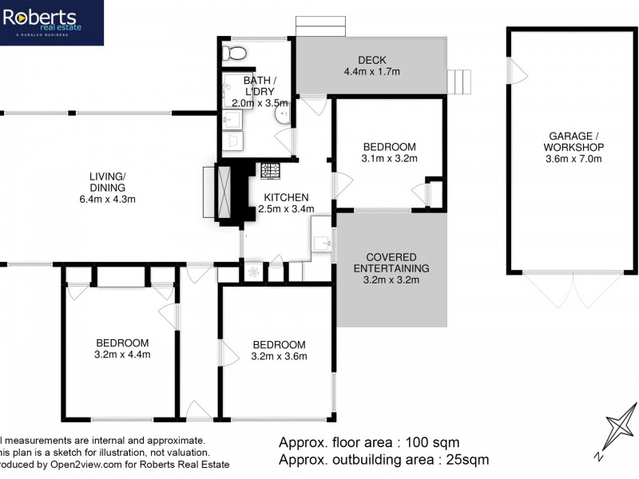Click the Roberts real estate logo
[x=51, y=22]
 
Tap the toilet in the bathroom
[x=235, y=53]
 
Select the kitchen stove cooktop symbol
[x=269, y=170]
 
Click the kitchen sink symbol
[x=323, y=242]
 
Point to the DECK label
[x=371, y=60]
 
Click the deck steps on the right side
[x=461, y=81]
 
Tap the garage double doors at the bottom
[x=572, y=289]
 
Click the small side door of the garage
[x=518, y=74]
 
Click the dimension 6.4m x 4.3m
[x=108, y=200]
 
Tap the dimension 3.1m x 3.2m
[x=390, y=159]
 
